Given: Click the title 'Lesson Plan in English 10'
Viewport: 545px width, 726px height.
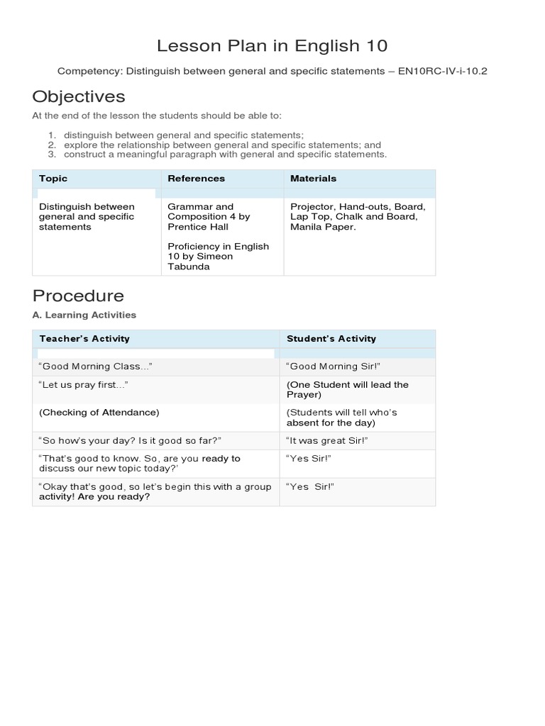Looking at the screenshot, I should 272,46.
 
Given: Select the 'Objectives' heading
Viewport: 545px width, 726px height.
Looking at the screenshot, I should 78,96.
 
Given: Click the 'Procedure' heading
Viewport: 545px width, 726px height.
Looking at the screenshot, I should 78,296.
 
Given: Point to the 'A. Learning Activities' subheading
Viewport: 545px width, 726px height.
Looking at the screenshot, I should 84,315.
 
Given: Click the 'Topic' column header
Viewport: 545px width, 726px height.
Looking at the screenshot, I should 53,179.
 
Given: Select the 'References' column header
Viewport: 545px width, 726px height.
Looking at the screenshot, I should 196,179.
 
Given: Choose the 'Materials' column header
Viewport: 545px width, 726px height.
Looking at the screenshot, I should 313,179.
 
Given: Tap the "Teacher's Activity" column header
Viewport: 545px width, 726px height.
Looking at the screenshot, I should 84,339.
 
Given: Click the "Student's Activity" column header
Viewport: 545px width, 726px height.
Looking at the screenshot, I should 331,339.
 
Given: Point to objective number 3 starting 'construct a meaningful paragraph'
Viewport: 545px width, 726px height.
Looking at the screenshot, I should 225,155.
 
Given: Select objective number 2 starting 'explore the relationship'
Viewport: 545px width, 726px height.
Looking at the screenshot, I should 222,145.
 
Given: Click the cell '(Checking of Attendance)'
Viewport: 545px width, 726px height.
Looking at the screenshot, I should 99,412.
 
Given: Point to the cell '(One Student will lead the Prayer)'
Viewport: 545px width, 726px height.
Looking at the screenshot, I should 347,389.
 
